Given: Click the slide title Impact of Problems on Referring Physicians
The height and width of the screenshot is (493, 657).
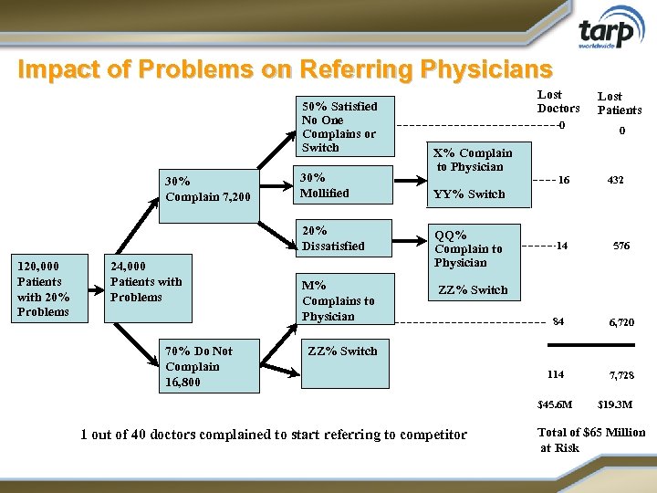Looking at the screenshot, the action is tap(285, 69).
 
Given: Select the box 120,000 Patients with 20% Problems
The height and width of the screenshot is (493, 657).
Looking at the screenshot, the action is tap(44, 288).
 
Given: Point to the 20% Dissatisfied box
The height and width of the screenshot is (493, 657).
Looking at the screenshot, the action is tap(345, 238).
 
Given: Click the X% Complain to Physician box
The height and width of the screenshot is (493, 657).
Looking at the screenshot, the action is tap(473, 161).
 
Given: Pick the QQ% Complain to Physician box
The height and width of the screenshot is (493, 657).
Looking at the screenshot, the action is tap(474, 248).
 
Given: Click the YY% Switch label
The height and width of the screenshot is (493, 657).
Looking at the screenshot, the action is tap(469, 194).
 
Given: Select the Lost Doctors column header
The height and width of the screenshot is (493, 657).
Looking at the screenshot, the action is tap(558, 101).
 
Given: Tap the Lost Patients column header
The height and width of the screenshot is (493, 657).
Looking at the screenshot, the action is tap(620, 103).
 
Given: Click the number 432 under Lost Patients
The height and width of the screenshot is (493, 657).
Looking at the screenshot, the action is tap(616, 181).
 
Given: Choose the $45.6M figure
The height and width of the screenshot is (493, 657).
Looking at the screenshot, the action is tap(555, 404).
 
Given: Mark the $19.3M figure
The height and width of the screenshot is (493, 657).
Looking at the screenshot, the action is tap(615, 404).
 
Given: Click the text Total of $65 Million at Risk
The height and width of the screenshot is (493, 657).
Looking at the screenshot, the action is tap(590, 439).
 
